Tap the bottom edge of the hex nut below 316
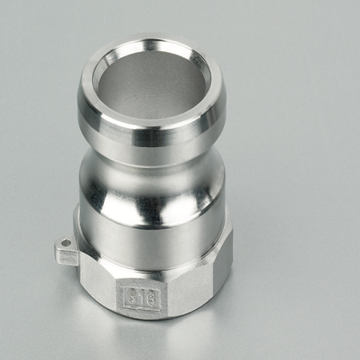(x=142, y=318)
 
